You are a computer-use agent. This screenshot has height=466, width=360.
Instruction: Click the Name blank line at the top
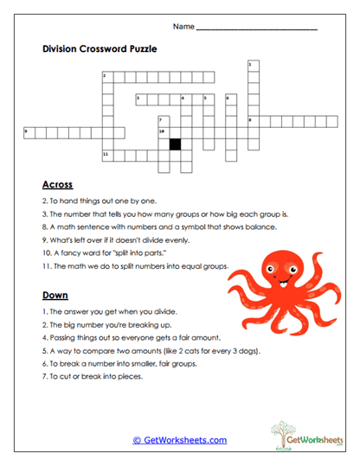tap(256, 29)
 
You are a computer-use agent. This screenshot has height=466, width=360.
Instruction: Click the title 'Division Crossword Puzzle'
tap(100, 49)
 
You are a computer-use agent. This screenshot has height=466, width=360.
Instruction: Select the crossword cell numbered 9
tap(28, 131)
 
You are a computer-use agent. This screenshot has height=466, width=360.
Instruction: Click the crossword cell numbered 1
tap(253, 66)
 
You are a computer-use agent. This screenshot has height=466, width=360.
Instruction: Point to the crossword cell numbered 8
tap(253, 120)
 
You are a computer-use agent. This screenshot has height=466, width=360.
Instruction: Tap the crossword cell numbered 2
tap(107, 77)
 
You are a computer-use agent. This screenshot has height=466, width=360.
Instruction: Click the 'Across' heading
tap(57, 184)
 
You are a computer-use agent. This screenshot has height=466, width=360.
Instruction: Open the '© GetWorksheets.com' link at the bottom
tap(180, 440)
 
